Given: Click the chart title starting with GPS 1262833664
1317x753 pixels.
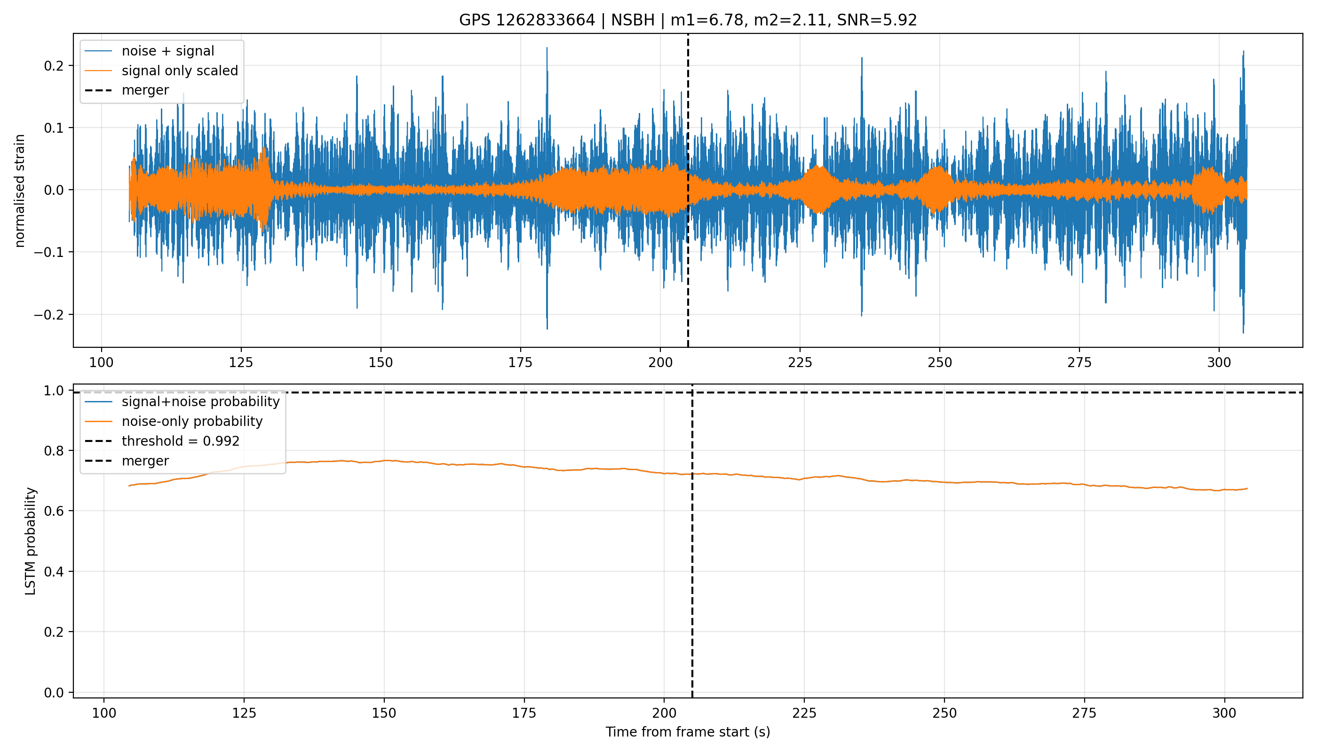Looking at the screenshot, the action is tap(688, 20).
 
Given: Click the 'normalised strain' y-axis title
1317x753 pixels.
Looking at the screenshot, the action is tap(20, 191).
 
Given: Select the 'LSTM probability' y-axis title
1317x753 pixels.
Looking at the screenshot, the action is tap(31, 541).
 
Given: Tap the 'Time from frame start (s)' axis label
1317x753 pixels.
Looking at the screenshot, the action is tap(688, 732).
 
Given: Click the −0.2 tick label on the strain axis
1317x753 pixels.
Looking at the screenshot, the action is tap(49, 314).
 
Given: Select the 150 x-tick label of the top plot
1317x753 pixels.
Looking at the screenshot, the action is tap(381, 362).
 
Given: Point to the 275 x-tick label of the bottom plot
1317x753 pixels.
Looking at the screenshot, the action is tap(1084, 713).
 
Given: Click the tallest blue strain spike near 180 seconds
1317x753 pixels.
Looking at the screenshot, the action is tap(547, 48).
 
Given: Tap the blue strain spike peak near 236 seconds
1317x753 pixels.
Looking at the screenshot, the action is tap(862, 57).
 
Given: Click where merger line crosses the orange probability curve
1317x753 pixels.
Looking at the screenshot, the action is tap(692, 474).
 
